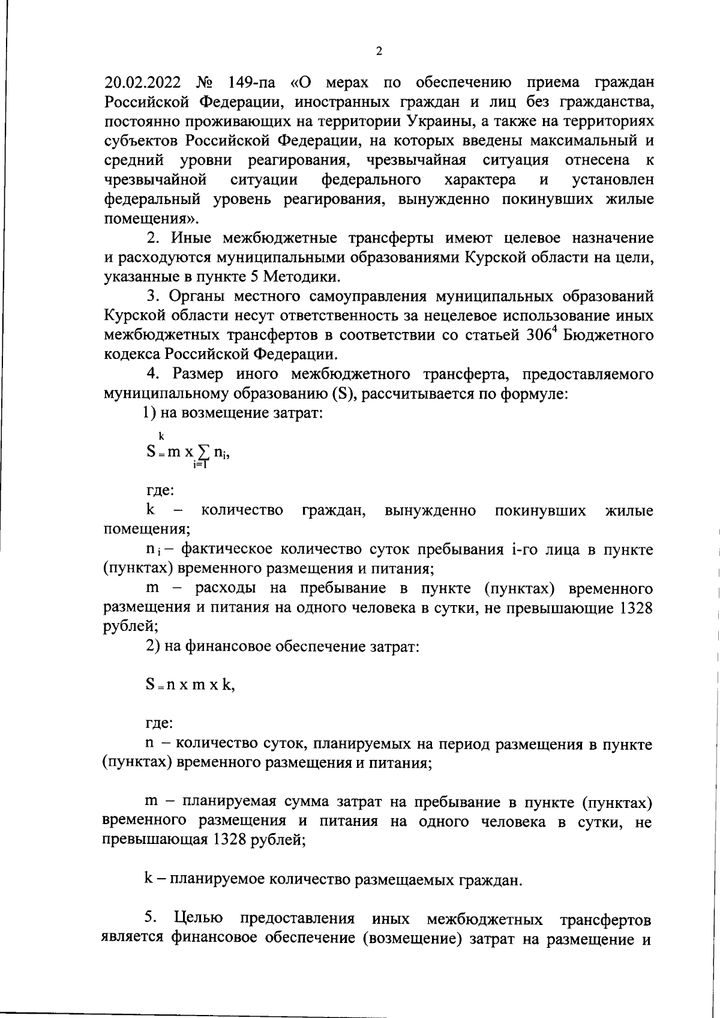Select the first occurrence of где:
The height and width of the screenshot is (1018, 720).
tap(160, 490)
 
